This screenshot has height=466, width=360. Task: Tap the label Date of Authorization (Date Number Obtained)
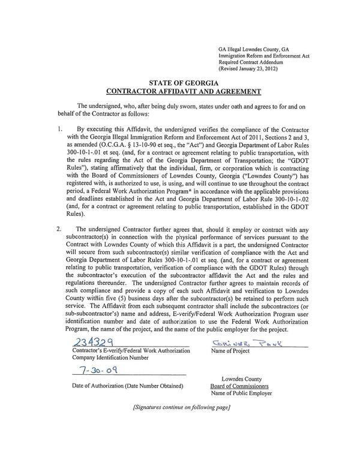coord(128,385)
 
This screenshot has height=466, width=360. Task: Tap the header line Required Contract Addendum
coord(251,61)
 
